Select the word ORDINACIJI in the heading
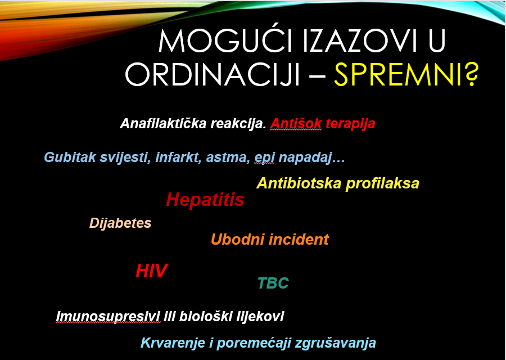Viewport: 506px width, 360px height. coord(212,74)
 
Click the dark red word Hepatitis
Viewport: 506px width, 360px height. coord(205,200)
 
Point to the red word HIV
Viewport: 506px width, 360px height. coord(151,271)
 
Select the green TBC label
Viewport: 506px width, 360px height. coord(273,283)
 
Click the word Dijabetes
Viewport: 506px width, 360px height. coord(120,223)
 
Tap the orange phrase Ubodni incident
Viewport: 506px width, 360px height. coord(269,240)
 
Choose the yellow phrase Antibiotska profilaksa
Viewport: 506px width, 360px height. coord(337,183)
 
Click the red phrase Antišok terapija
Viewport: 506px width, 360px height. coord(323,124)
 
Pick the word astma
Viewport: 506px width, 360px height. coord(228,157)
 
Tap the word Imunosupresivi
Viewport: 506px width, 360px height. coord(107,316)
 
